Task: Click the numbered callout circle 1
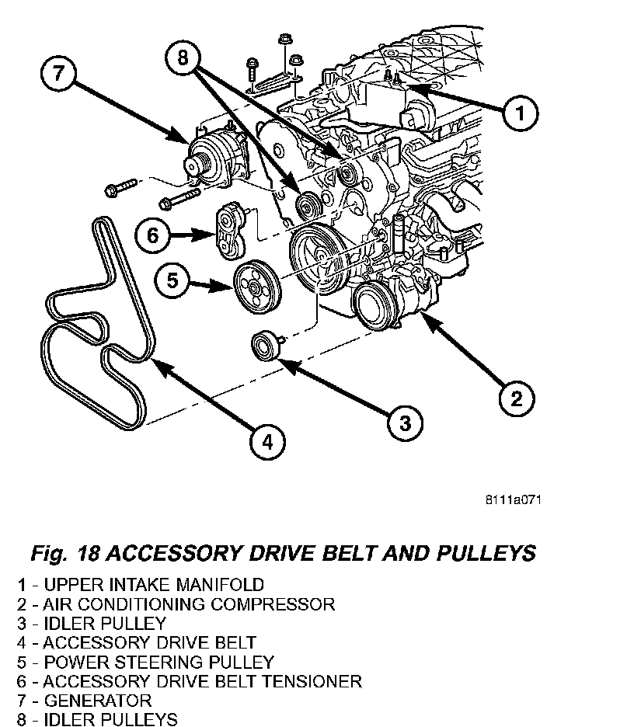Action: pyautogui.click(x=521, y=114)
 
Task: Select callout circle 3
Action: pyautogui.click(x=406, y=423)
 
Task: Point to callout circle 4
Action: pyautogui.click(x=266, y=442)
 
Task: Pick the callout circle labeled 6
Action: pyautogui.click(x=152, y=234)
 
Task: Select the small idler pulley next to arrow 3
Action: pyautogui.click(x=264, y=345)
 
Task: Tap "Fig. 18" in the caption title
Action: pyautogui.click(x=64, y=553)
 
